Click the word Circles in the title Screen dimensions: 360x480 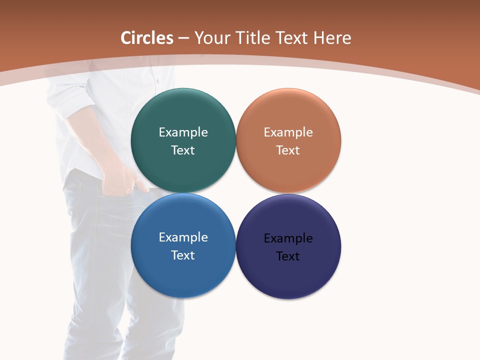147,38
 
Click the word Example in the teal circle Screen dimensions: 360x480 183,132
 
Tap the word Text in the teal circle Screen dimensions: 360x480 183,150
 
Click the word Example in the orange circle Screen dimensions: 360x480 288,132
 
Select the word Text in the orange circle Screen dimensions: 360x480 288,150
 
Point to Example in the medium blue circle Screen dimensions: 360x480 183,237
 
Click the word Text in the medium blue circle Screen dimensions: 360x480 183,255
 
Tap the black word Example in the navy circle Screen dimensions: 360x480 288,238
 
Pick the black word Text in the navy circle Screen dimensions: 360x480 288,256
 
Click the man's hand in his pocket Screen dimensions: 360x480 125,180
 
